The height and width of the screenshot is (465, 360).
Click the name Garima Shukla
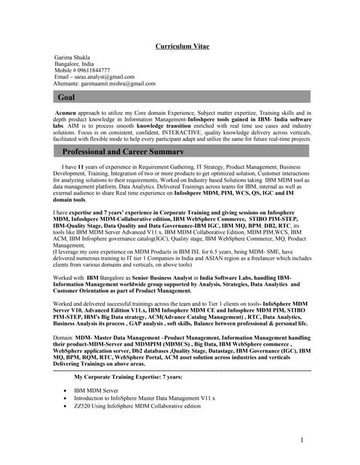(76, 57)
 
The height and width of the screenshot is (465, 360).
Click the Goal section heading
(66, 97)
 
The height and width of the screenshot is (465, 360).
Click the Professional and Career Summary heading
(126, 152)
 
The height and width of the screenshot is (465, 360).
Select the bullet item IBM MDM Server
(95, 390)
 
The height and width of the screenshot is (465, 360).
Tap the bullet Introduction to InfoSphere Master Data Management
(145, 398)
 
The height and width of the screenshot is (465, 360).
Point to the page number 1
(301, 440)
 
